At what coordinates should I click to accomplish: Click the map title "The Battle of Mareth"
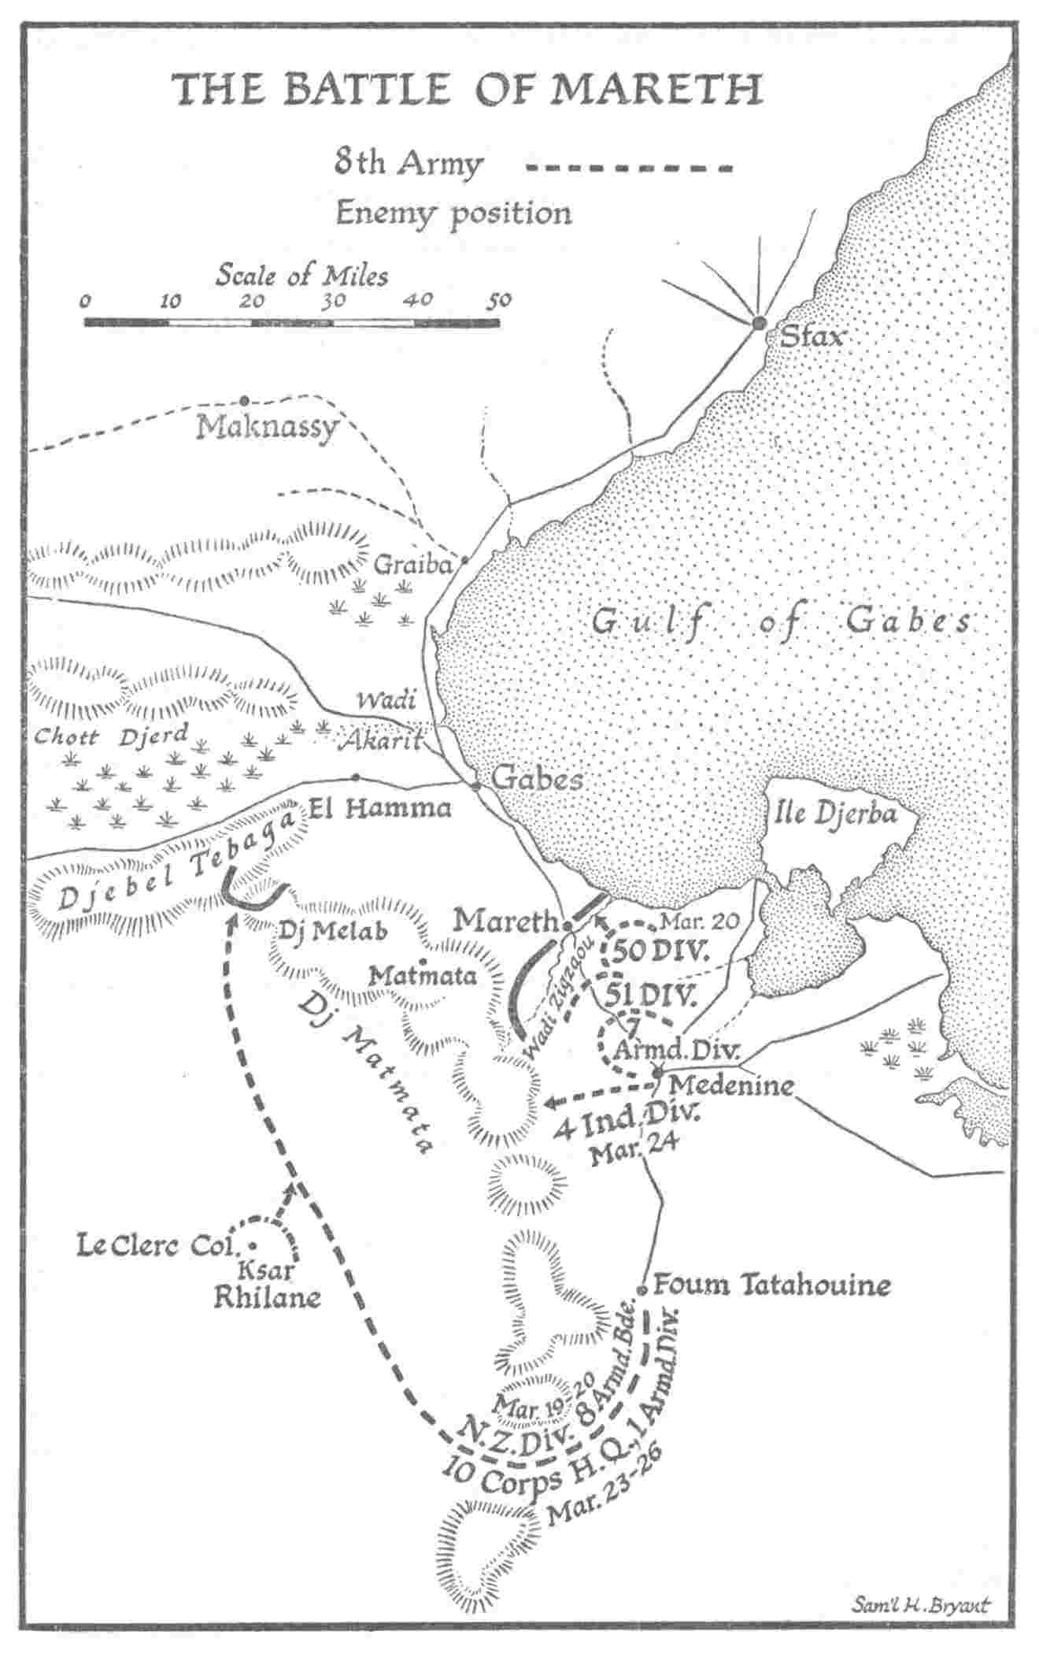(x=468, y=88)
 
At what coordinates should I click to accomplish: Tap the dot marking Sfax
(x=759, y=323)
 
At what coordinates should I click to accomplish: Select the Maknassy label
(x=268, y=427)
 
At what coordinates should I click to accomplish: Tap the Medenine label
(x=731, y=1085)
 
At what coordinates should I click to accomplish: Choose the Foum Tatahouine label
(x=772, y=1285)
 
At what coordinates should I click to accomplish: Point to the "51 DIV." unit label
(x=651, y=996)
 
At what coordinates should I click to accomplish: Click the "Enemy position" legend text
(x=453, y=213)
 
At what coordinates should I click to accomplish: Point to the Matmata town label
(x=423, y=977)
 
